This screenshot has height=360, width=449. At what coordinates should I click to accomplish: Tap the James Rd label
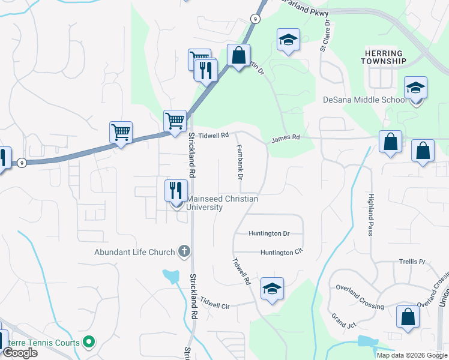tap(285, 138)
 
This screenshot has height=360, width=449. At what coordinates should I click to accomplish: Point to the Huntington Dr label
tap(270, 233)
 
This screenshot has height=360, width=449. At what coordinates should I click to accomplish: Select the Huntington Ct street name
tap(280, 253)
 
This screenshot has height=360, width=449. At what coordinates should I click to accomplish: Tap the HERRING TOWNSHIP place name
tap(385, 57)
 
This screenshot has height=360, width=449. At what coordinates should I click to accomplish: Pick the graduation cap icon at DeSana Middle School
tap(415, 89)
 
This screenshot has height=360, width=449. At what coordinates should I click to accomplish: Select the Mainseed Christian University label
tap(223, 203)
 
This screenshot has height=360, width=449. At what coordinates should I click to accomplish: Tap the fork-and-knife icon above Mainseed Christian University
tap(176, 191)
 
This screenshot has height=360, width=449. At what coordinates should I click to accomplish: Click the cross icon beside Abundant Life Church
tap(184, 252)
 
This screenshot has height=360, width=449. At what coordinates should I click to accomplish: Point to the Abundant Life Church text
tap(134, 253)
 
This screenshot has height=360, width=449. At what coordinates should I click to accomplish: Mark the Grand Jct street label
tap(343, 320)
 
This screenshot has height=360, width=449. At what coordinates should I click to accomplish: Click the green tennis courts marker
tap(89, 343)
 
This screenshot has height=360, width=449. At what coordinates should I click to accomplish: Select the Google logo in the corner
tap(20, 353)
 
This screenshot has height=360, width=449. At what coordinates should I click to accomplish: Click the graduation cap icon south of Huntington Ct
tap(273, 289)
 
